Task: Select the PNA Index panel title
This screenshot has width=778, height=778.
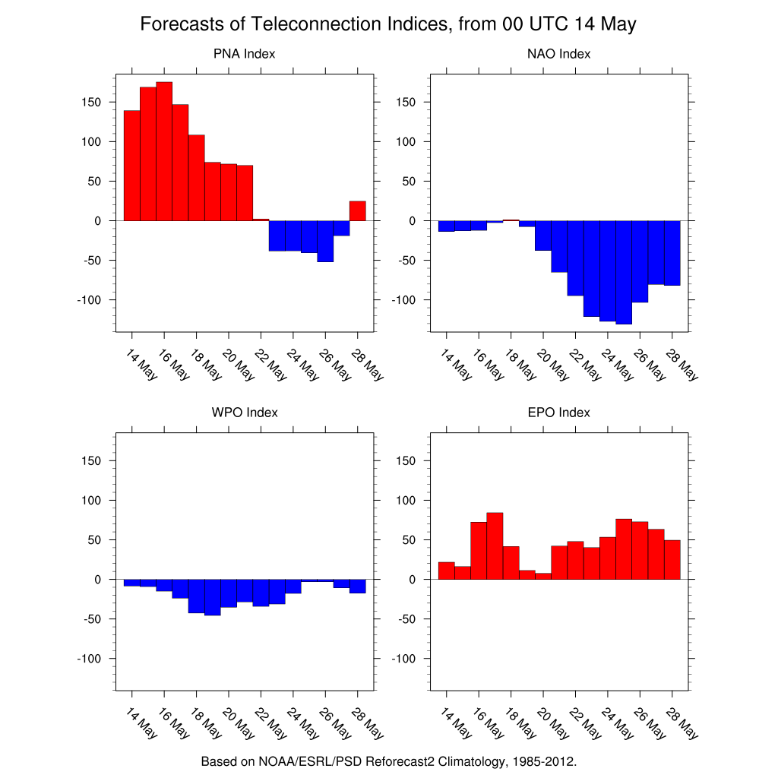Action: click(x=244, y=54)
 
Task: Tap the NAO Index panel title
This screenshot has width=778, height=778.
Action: click(x=558, y=54)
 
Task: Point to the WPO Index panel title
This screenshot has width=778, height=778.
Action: click(x=244, y=413)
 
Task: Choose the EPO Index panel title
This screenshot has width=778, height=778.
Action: click(x=558, y=413)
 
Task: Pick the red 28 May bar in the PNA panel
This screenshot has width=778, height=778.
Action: click(x=358, y=210)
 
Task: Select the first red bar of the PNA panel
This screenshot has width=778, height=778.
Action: click(x=131, y=165)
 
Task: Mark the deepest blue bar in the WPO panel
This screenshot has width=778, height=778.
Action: click(x=212, y=597)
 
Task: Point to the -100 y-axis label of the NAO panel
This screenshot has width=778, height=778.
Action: click(x=403, y=300)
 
